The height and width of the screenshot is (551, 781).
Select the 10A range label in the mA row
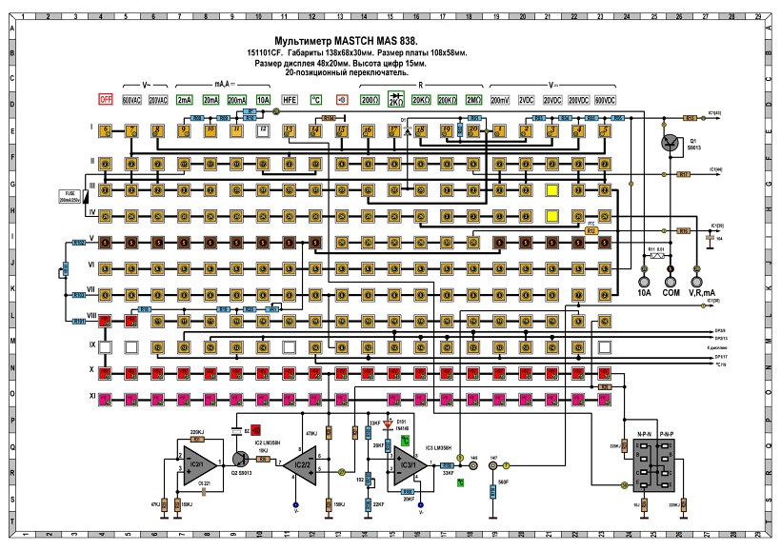pos(263,99)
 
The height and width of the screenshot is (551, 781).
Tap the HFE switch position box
pos(290,99)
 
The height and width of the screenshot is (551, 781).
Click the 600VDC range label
pos(604,99)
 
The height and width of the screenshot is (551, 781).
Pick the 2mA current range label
pos(185,99)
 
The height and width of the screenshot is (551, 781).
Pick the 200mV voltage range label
pos(499,99)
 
